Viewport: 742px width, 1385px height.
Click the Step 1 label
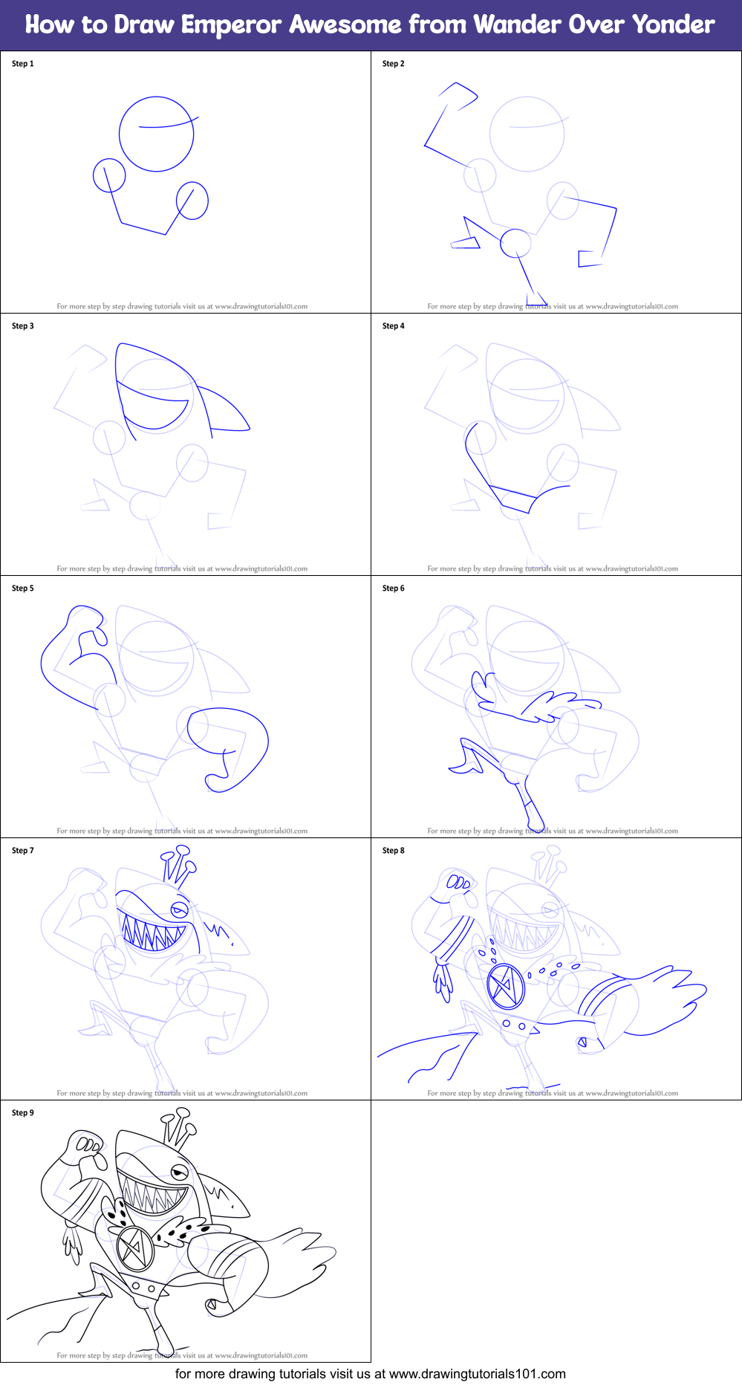(22, 64)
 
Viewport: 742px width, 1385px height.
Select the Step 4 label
(393, 326)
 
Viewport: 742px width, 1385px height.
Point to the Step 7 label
(22, 851)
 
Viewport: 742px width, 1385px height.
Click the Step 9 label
(22, 1113)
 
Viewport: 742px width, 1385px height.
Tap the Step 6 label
(393, 588)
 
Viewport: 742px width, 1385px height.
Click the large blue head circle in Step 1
(157, 134)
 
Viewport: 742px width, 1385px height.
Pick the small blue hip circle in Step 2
(515, 243)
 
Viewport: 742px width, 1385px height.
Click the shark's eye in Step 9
(179, 1172)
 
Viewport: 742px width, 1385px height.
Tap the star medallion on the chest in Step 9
(135, 1248)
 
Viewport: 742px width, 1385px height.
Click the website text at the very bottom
(370, 1374)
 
